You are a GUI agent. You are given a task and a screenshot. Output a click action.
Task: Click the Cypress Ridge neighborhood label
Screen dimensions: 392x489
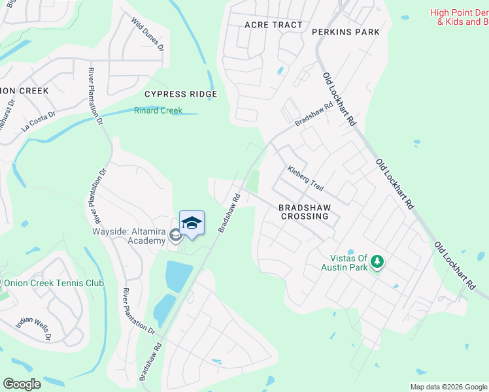click(x=180, y=94)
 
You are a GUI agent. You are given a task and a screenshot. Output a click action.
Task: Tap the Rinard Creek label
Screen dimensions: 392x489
click(x=158, y=110)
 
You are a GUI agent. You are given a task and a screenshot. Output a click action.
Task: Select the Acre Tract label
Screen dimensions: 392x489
click(x=273, y=25)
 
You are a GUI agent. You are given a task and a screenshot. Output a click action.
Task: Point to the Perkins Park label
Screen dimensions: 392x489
click(x=346, y=31)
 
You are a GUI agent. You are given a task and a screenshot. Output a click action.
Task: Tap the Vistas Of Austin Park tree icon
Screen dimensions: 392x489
click(x=377, y=263)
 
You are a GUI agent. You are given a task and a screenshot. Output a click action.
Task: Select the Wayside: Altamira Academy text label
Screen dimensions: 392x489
click(x=127, y=236)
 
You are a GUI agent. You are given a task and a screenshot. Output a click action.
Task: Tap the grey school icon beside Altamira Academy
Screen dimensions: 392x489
click(x=175, y=235)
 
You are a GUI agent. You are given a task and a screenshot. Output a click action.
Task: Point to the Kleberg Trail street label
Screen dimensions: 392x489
click(x=306, y=178)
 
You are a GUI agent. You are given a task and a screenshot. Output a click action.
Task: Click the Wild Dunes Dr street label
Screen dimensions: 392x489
click(x=147, y=35)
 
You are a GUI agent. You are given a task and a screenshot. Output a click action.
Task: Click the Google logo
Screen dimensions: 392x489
click(x=22, y=384)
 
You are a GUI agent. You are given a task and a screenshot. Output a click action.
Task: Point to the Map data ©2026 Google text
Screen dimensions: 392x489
click(x=448, y=387)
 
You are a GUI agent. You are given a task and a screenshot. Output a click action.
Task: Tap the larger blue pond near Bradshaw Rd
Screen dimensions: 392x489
click(x=178, y=276)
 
